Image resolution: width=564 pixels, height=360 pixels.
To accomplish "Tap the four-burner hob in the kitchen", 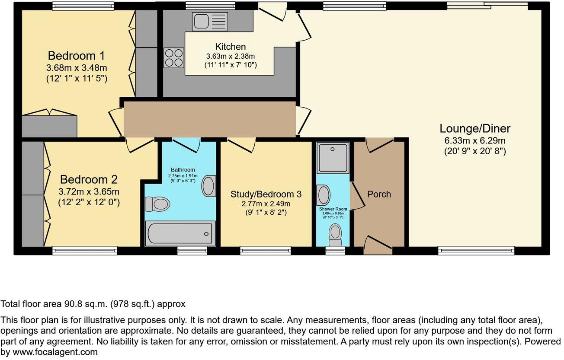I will [x=173, y=57].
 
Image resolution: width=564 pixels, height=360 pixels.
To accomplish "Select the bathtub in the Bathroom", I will [x=180, y=233].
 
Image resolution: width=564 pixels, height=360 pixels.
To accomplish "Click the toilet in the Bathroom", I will [x=156, y=204].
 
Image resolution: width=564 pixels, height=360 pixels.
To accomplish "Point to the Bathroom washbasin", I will [x=209, y=186].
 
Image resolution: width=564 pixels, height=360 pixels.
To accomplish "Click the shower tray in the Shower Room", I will [x=333, y=158].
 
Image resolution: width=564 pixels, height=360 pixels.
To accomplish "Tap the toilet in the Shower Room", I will [x=335, y=234].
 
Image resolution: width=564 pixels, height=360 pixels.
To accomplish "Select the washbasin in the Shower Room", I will [x=323, y=195].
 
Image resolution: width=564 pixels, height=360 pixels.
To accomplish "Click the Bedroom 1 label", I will [x=77, y=56].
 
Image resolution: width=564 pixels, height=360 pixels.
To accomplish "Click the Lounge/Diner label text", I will [x=475, y=128].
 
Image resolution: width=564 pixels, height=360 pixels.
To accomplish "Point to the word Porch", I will [x=379, y=194].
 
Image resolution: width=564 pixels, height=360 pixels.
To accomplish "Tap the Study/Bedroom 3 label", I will [x=266, y=194].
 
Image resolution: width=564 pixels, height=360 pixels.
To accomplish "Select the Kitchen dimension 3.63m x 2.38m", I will [x=231, y=56].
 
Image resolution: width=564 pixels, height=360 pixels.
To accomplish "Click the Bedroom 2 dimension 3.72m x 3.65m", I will [x=89, y=191].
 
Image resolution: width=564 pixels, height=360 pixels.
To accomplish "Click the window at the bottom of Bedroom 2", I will [x=85, y=250].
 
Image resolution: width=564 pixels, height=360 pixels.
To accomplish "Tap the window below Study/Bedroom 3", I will [x=266, y=250].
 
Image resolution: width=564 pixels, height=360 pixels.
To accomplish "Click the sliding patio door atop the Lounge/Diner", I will [x=487, y=5].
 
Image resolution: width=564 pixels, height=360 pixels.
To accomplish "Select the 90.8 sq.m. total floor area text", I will [x=93, y=304].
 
